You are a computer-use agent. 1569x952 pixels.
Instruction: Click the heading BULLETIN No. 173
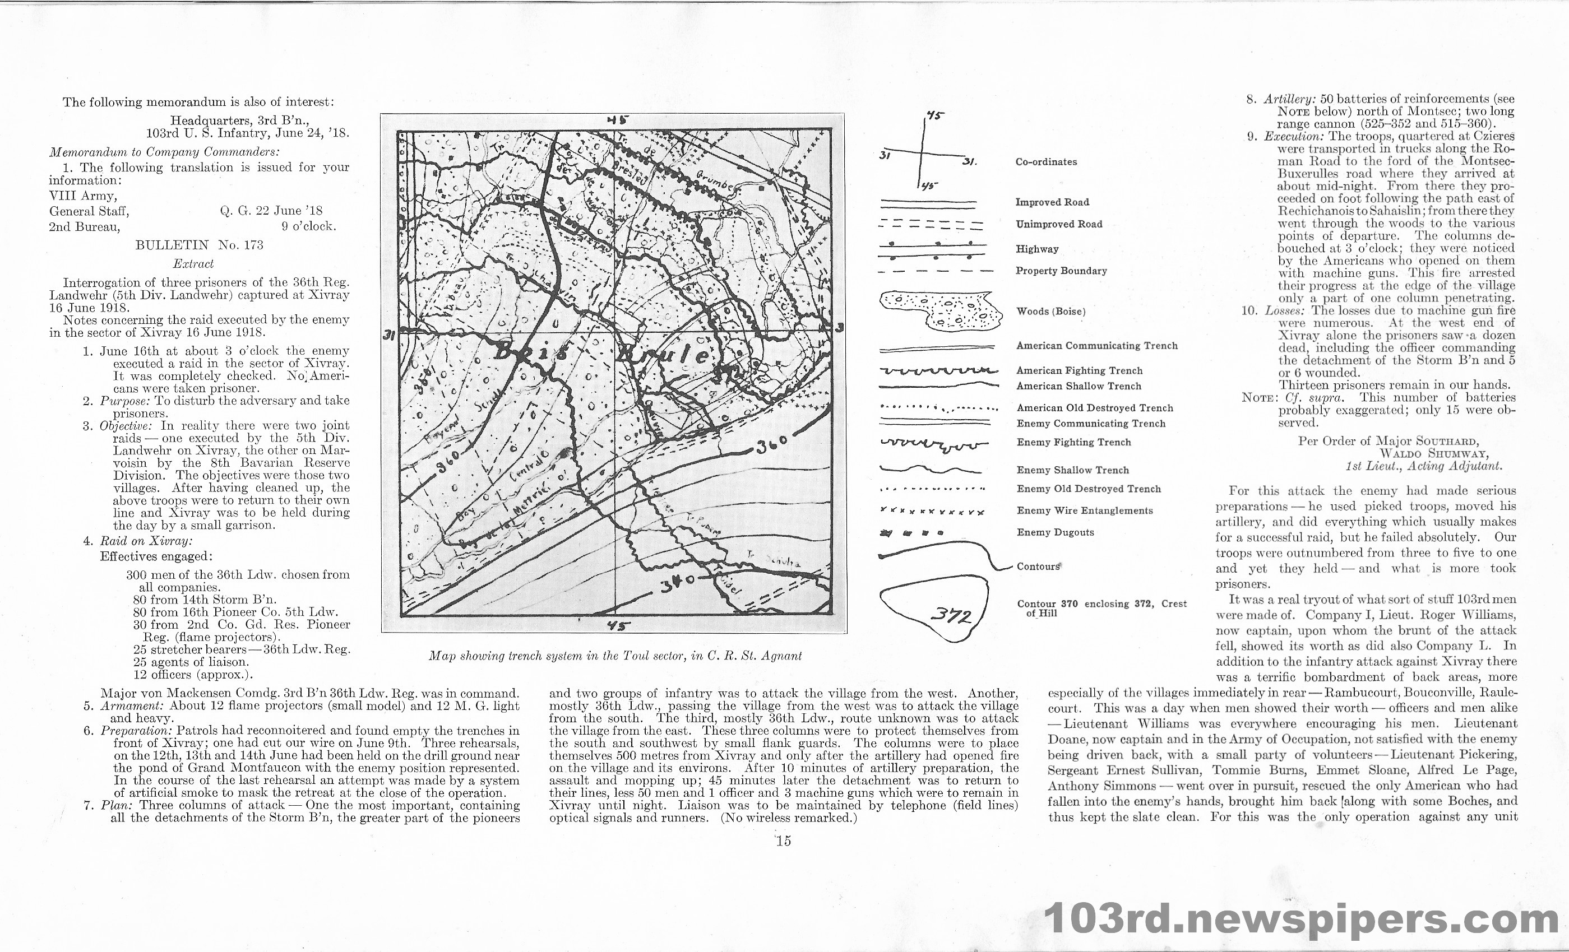point(200,245)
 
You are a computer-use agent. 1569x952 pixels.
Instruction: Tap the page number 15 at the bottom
point(783,841)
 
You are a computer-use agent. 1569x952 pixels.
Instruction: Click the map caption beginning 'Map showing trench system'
point(614,656)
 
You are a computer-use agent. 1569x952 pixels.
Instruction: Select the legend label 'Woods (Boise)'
point(1050,311)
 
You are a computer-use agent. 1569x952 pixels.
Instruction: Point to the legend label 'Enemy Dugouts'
point(1055,533)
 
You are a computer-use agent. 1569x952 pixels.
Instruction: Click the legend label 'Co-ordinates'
point(1046,161)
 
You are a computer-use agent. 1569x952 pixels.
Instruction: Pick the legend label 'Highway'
point(1036,249)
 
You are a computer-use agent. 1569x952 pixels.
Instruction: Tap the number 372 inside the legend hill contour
point(950,616)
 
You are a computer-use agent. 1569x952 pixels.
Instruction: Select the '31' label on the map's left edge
point(390,336)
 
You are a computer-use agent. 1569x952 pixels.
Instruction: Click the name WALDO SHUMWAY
point(1433,454)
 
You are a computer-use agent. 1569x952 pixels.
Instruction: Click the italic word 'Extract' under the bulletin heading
point(193,263)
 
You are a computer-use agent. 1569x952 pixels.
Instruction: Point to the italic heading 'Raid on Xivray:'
point(146,541)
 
